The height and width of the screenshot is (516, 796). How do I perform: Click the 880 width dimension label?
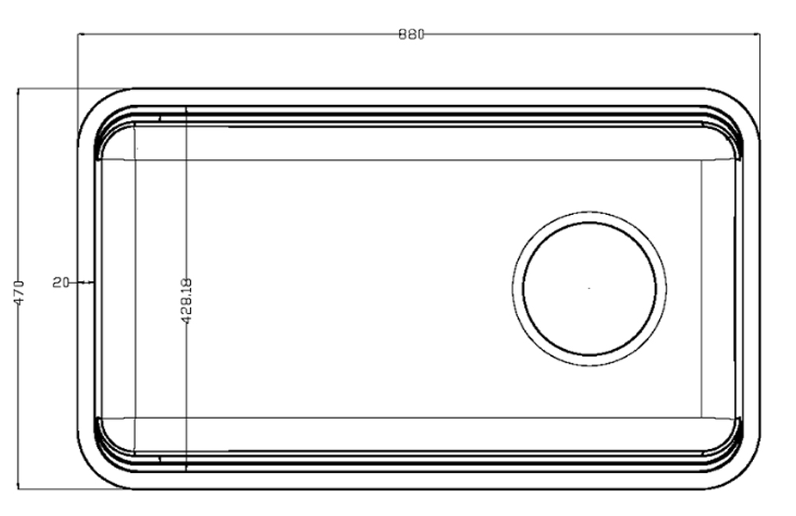(x=412, y=34)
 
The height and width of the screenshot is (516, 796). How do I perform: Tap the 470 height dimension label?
(x=19, y=292)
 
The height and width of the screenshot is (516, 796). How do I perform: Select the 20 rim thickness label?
(x=61, y=283)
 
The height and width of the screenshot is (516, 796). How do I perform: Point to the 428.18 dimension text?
(x=186, y=301)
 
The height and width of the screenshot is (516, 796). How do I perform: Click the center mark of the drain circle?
(x=589, y=288)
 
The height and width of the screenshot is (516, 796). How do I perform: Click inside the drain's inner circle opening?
(x=589, y=288)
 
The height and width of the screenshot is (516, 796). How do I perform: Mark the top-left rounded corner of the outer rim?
(x=94, y=104)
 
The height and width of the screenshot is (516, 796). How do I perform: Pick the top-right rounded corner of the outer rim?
(x=743, y=104)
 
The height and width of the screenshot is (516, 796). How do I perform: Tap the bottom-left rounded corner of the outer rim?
(x=94, y=473)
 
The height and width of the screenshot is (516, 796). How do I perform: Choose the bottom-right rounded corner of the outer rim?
(x=743, y=473)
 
